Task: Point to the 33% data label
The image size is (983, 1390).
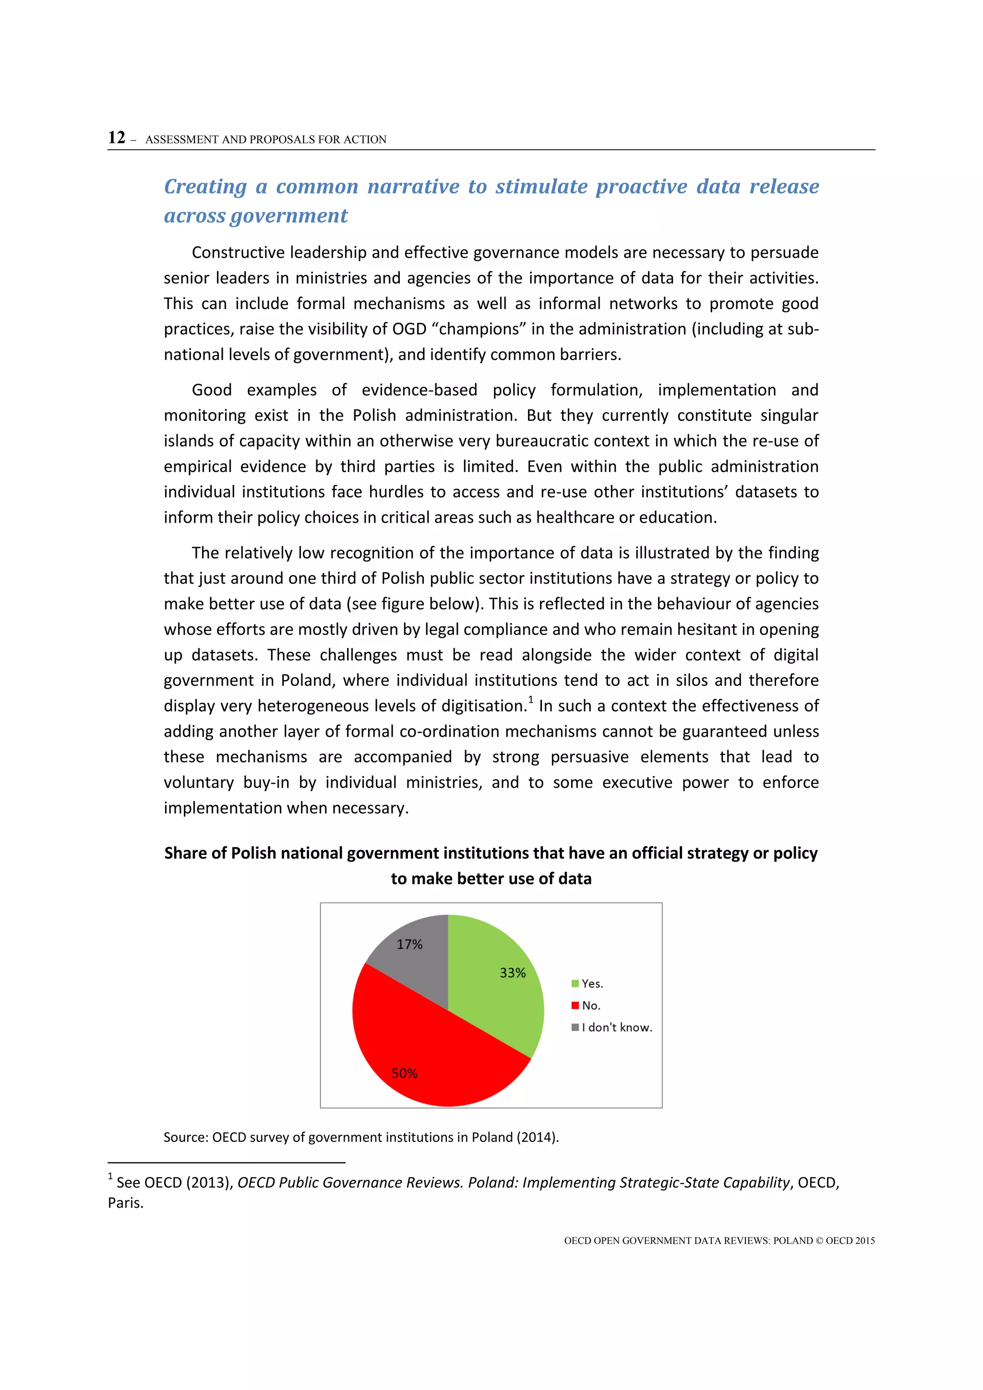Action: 512,973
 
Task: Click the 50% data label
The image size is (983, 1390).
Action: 404,1073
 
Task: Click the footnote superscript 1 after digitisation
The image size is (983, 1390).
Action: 531,700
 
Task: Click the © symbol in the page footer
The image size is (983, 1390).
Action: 820,1240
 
